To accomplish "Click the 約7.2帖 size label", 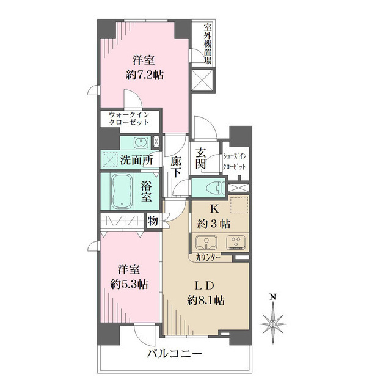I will (x=145, y=75).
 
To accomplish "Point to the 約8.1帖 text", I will (x=205, y=300).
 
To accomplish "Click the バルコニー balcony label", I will (x=173, y=354).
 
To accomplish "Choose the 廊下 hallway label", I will (x=176, y=166).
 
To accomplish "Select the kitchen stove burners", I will (x=235, y=243).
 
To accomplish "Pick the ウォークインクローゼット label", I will (x=129, y=118).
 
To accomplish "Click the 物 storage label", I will (x=152, y=221).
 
